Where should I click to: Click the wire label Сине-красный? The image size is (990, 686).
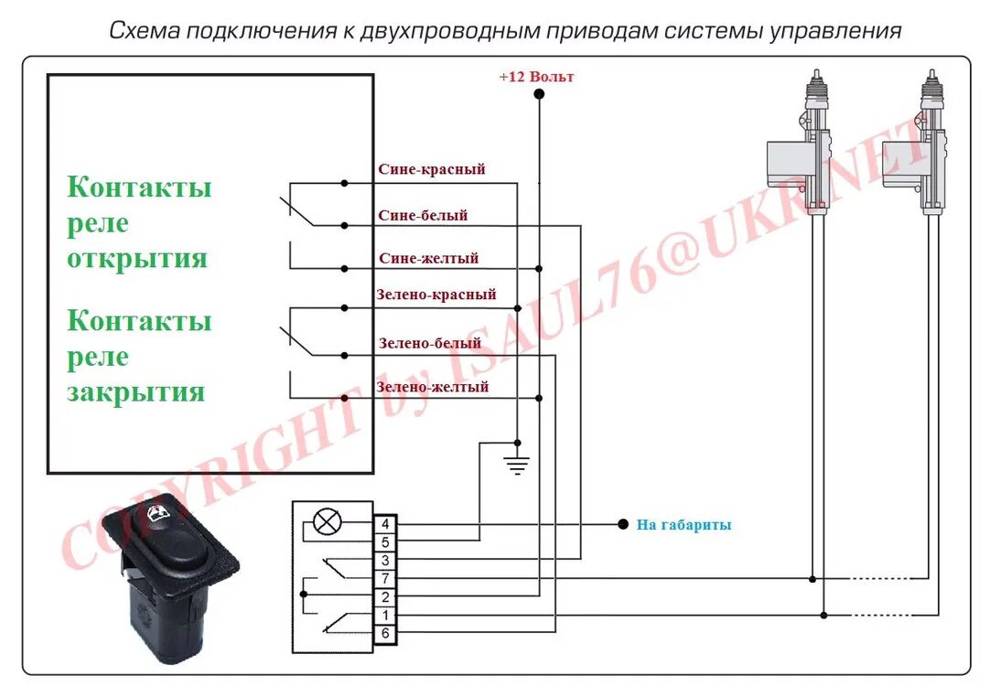pos(431,169)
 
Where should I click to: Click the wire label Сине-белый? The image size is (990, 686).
pos(423,215)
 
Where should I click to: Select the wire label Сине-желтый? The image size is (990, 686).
pos(428,258)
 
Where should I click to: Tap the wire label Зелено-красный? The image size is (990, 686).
pos(436,295)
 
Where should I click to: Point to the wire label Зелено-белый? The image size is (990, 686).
pos(429,344)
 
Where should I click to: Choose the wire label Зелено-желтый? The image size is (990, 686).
pos(432,387)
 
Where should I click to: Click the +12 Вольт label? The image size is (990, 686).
pos(536,77)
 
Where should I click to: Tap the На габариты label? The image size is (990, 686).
pos(683,525)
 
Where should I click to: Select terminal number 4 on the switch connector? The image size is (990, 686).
pos(385,524)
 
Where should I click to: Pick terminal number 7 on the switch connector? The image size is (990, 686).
pos(385,578)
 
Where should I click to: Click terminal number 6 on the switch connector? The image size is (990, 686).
pos(385,633)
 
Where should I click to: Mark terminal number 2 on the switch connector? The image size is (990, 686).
pos(385,596)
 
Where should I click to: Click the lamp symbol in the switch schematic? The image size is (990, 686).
pos(328,523)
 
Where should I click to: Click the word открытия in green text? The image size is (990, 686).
pos(137,258)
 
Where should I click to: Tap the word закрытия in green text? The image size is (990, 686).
pos(135,392)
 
